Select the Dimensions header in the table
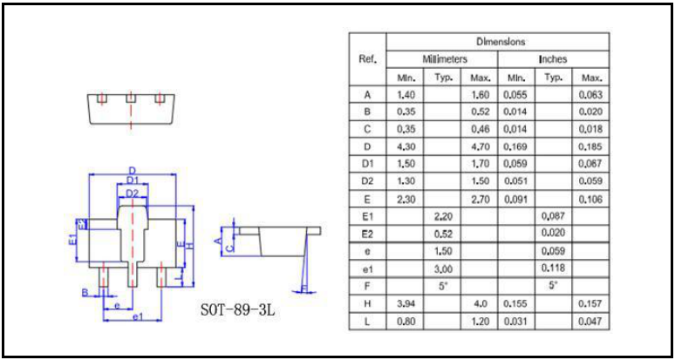click(x=498, y=41)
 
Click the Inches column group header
click(x=553, y=59)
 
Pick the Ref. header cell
click(x=367, y=59)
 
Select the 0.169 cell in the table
click(x=516, y=147)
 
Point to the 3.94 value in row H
click(x=406, y=304)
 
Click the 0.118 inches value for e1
click(x=552, y=268)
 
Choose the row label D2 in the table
click(x=367, y=182)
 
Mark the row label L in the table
click(x=367, y=322)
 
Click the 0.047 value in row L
click(x=591, y=322)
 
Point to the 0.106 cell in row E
click(x=591, y=200)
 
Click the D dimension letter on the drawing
click(x=132, y=171)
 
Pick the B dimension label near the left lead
click(x=85, y=291)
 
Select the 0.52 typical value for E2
click(x=443, y=234)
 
